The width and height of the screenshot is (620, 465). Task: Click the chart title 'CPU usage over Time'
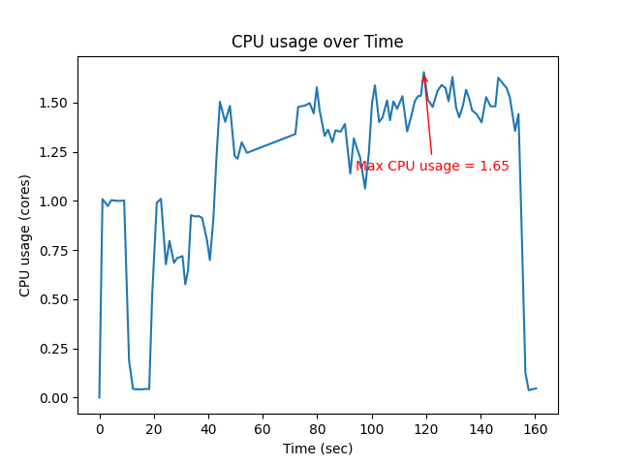pyautogui.click(x=317, y=42)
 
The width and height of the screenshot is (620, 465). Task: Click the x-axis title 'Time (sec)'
pyautogui.click(x=318, y=449)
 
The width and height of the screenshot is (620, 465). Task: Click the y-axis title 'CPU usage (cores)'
pyautogui.click(x=25, y=235)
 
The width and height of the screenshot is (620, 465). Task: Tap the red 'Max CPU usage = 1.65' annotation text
pyautogui.click(x=432, y=166)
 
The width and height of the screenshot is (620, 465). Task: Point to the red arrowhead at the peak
pyautogui.click(x=424, y=80)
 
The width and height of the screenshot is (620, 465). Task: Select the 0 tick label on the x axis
pyautogui.click(x=99, y=429)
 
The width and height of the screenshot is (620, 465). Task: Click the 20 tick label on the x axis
pyautogui.click(x=154, y=429)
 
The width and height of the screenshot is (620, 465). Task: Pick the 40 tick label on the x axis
pyautogui.click(x=208, y=429)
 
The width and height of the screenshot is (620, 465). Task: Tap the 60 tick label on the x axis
pyautogui.click(x=263, y=429)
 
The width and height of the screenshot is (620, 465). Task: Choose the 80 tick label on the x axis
pyautogui.click(x=317, y=429)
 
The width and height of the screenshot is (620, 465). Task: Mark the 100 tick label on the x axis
pyautogui.click(x=371, y=429)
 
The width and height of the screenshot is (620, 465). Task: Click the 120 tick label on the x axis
pyautogui.click(x=425, y=429)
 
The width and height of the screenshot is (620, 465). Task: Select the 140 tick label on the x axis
pyautogui.click(x=480, y=429)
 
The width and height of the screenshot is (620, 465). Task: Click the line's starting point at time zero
pyautogui.click(x=99, y=397)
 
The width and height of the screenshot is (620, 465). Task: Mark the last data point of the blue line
pyautogui.click(x=536, y=388)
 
